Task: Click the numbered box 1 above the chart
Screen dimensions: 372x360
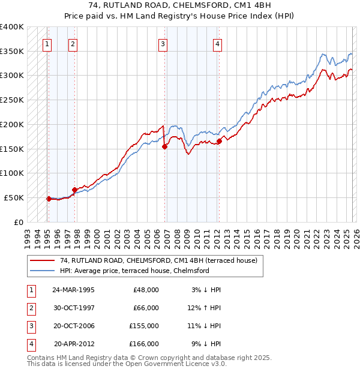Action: pos(47,43)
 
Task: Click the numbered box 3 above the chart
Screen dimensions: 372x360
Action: pos(163,43)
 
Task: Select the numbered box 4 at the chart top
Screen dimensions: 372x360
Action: pos(217,43)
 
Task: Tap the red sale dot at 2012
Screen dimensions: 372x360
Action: pos(219,141)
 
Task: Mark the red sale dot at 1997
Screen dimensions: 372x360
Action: pos(74,190)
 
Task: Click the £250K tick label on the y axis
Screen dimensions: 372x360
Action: pos(11,100)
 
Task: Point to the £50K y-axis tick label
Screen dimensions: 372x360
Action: pos(14,197)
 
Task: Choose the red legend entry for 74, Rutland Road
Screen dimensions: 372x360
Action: pos(158,260)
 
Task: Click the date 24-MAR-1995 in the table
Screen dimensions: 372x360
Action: pos(73,290)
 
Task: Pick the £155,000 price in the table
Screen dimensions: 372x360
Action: pos(143,326)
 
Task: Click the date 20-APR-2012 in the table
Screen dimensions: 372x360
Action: pos(74,344)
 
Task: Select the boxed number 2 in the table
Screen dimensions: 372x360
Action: pos(31,308)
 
